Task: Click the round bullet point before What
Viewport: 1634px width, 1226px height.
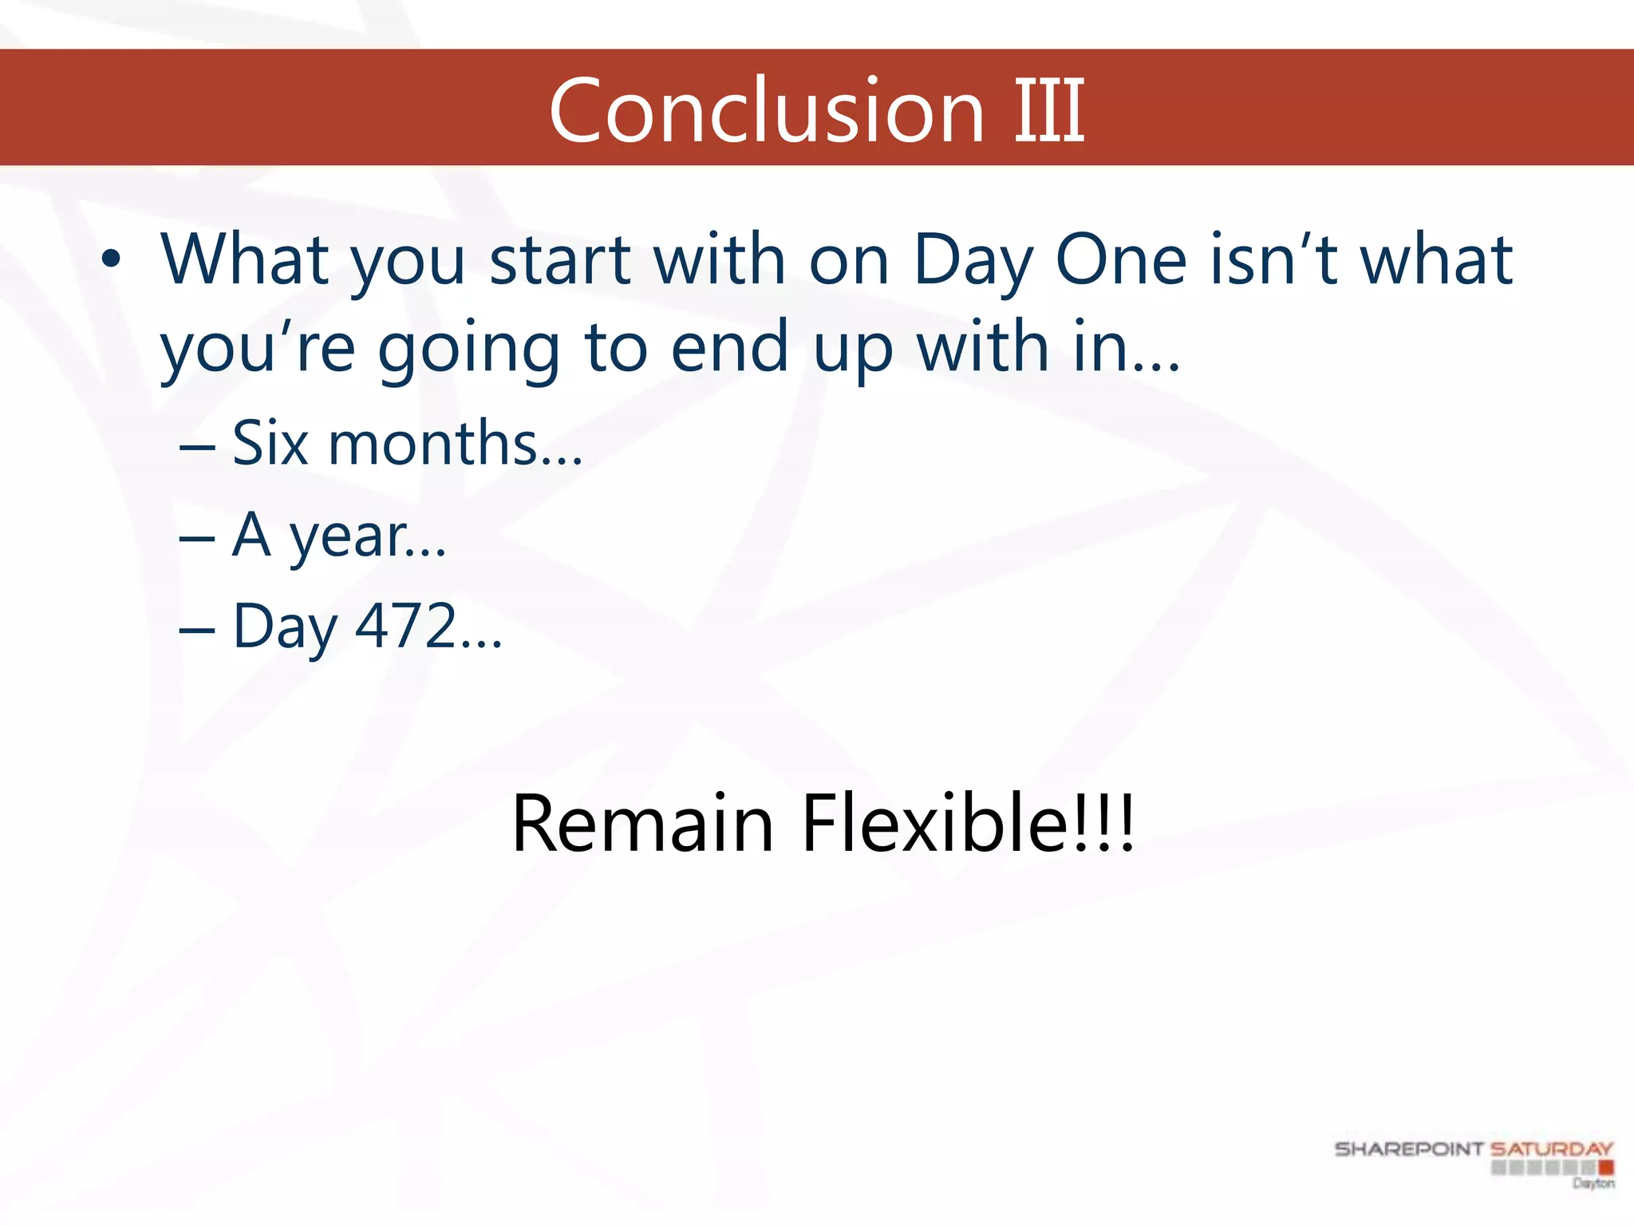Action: (111, 259)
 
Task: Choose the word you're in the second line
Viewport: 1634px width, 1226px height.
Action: (257, 348)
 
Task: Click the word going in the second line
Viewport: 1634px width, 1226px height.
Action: (469, 350)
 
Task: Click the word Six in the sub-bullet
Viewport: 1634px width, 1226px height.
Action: (270, 443)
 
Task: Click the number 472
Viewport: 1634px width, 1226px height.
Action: (405, 627)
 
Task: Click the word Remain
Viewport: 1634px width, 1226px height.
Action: (642, 823)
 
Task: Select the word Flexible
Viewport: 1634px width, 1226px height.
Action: (935, 823)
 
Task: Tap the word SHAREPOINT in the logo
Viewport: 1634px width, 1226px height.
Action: (1408, 1149)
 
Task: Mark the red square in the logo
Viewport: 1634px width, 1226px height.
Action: (1605, 1168)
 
